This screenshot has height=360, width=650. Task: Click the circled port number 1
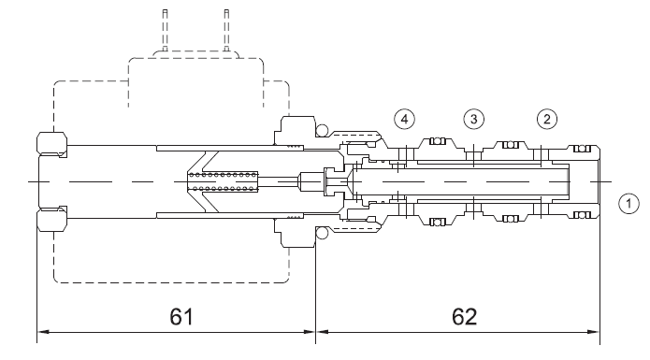(628, 204)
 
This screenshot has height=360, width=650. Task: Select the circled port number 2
(547, 120)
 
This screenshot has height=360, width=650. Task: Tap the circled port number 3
(473, 120)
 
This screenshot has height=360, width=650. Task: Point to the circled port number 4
(404, 120)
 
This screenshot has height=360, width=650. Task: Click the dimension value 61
(181, 316)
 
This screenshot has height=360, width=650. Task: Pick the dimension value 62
(464, 316)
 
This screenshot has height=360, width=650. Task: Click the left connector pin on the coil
(165, 30)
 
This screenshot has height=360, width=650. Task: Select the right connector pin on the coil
(226, 30)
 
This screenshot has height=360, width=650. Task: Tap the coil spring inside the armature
(223, 181)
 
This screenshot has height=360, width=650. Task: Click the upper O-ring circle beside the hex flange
(322, 131)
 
